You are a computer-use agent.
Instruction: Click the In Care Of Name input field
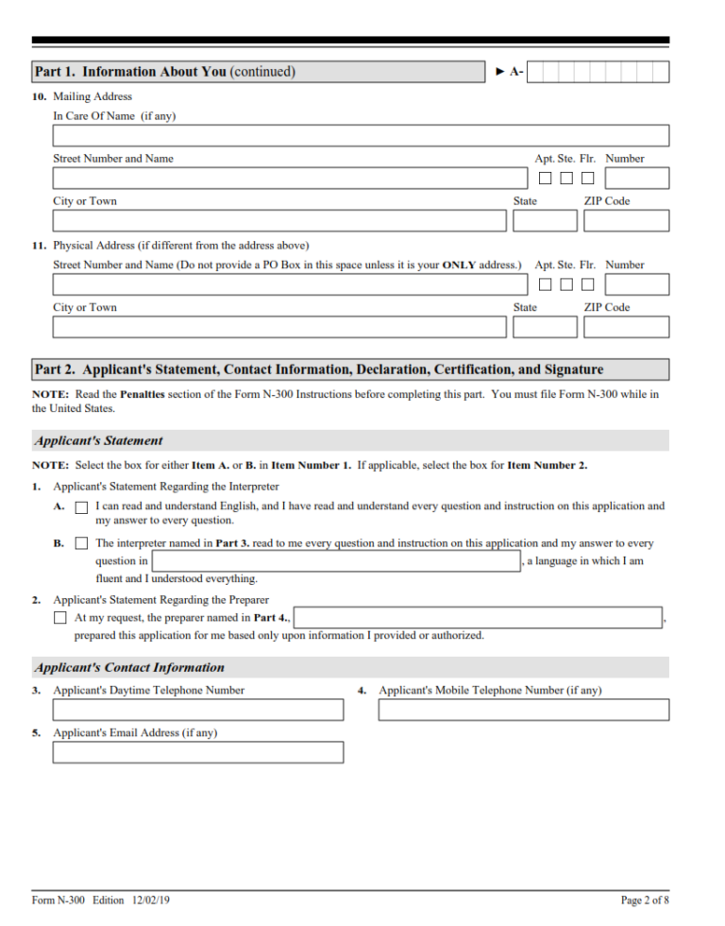coord(361,135)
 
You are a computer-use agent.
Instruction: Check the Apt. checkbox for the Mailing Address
coord(545,178)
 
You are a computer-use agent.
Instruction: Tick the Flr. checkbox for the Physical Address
coord(587,284)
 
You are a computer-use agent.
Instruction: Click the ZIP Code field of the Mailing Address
coord(626,221)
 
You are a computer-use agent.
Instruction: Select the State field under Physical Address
coord(545,328)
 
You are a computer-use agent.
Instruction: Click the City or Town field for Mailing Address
coord(279,221)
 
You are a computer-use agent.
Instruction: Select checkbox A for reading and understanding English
coord(81,507)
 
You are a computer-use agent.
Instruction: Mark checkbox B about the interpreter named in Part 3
coord(81,544)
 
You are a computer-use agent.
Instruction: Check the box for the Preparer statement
coord(60,618)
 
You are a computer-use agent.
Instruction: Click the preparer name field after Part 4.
coord(479,618)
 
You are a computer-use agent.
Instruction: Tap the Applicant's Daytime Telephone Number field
coord(198,710)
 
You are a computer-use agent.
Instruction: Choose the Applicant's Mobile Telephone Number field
coord(523,710)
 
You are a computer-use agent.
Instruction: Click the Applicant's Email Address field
coord(198,752)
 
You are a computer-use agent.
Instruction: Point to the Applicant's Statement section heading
coord(99,440)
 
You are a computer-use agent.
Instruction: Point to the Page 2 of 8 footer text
coord(645,900)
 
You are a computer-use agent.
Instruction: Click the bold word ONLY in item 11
coord(459,265)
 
